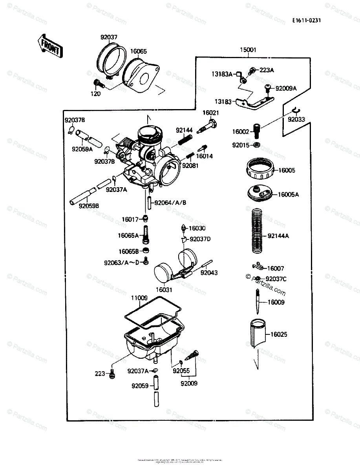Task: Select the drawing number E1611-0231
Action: click(306, 21)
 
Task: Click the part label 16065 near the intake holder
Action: click(138, 51)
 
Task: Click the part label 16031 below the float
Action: click(164, 290)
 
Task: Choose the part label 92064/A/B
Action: click(170, 203)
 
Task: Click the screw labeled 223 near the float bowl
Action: click(113, 374)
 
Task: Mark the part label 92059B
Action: click(89, 205)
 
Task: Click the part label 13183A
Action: click(223, 73)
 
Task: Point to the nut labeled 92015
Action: click(256, 146)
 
